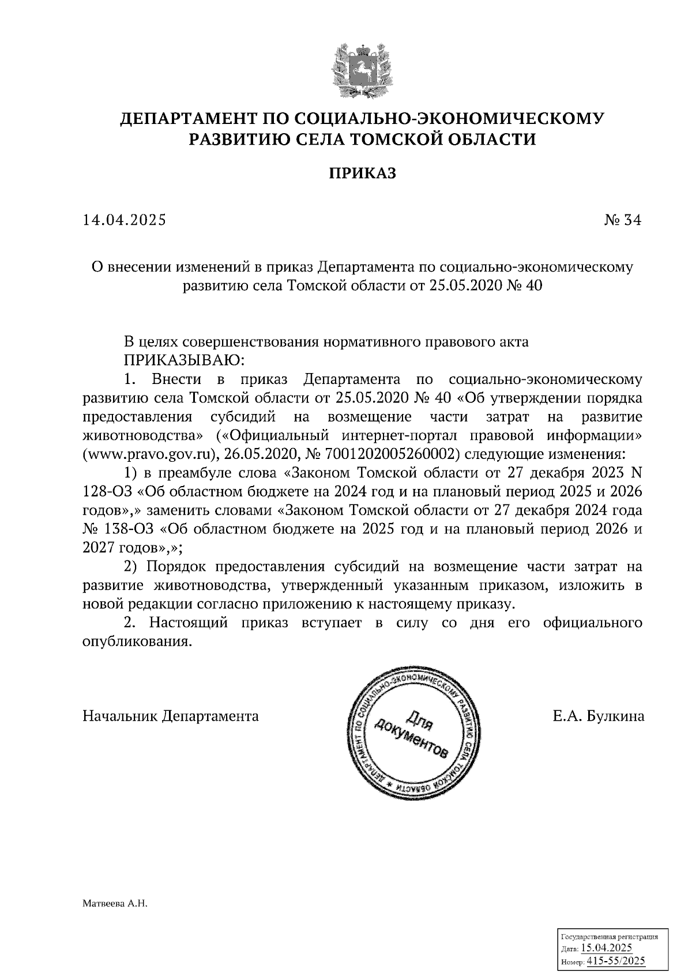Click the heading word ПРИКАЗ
tap(363, 173)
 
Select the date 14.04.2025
tap(125, 220)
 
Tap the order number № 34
tap(622, 220)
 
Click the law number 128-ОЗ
tap(106, 491)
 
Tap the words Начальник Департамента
tap(171, 716)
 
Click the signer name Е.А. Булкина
tap(598, 716)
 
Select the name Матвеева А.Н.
tap(115, 905)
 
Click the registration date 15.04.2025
tap(606, 948)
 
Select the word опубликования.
tap(137, 641)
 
